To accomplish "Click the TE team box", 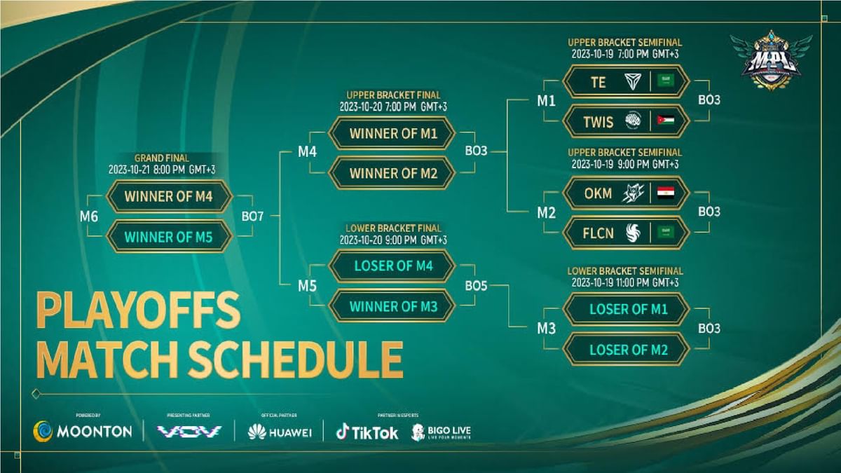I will [627, 82].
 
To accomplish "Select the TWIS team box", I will [627, 122].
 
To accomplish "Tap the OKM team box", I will [627, 193].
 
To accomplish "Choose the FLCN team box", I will [627, 233].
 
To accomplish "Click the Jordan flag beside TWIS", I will [666, 122].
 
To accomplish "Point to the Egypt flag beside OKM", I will [666, 193].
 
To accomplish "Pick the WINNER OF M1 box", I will [393, 133].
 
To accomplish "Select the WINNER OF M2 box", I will [393, 173].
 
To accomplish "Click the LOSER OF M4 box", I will [393, 266].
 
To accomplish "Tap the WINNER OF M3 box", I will [393, 306].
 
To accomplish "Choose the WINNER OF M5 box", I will [169, 237].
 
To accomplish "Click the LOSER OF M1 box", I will [627, 309].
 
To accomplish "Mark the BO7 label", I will [252, 217].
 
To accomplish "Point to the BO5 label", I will [476, 286].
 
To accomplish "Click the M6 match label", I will [88, 217].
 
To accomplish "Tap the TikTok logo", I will [367, 432].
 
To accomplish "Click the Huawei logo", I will [280, 432].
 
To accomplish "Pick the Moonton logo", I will [83, 431].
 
